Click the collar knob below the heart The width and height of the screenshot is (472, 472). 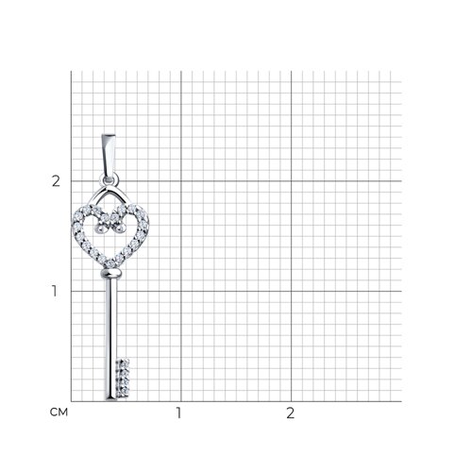[111, 274]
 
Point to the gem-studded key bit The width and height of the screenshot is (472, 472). [123, 378]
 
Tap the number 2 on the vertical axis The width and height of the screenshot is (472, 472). [56, 181]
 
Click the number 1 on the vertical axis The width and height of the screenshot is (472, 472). [56, 291]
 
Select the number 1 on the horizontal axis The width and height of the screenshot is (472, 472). [179, 413]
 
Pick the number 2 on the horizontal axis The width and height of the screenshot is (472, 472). [290, 413]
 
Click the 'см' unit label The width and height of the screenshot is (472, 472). [57, 413]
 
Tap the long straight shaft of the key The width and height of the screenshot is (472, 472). [111, 330]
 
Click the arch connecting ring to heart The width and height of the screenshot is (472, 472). [110, 194]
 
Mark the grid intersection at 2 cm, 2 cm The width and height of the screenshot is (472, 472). [290, 181]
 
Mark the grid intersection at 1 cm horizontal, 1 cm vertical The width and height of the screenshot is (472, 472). [179, 291]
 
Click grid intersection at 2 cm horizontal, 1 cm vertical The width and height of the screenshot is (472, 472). [290, 291]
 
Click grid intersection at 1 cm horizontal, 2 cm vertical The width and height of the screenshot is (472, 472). [179, 181]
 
